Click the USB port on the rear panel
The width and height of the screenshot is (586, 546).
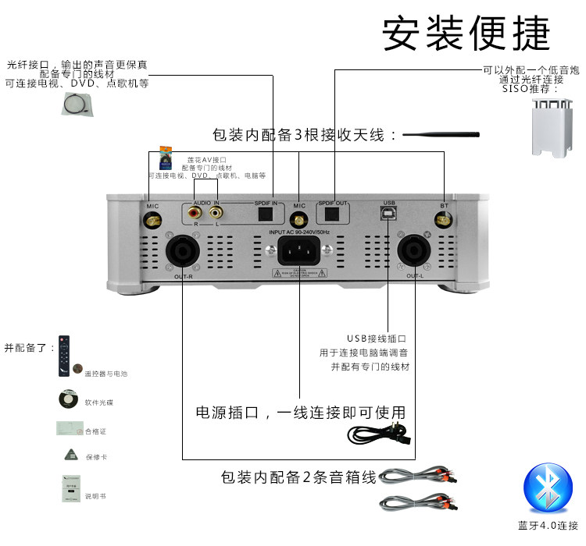[388, 213]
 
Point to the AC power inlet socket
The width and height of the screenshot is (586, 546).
[299, 253]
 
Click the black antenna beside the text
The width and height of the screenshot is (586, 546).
[441, 135]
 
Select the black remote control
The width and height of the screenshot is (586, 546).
[64, 356]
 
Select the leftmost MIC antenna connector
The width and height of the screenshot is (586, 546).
[152, 221]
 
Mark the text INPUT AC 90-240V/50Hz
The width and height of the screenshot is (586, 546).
[299, 232]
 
